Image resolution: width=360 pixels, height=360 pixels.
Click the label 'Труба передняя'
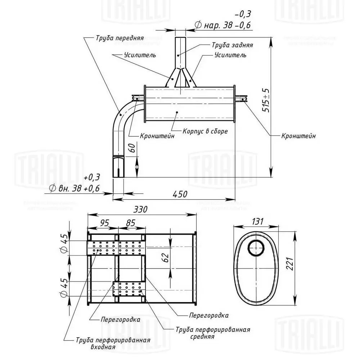coord(120,37)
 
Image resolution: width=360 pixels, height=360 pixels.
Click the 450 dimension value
coord(180,194)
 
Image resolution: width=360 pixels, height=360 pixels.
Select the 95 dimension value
coord(104,223)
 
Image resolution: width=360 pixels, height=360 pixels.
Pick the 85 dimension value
coord(131,223)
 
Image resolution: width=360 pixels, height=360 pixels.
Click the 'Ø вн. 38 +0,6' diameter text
coord(75,188)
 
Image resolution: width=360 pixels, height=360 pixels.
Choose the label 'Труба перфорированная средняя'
coord(213,333)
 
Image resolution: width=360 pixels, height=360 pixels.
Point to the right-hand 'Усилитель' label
coord(230,55)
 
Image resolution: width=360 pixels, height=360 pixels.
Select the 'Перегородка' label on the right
coord(209,315)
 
